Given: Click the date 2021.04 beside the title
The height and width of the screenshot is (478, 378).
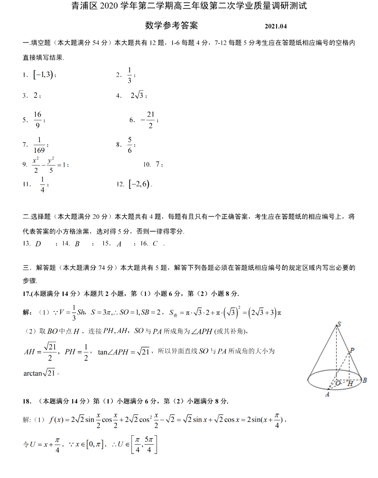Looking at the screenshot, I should coord(275,26).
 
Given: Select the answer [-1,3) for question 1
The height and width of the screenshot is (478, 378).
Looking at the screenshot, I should coord(43,75).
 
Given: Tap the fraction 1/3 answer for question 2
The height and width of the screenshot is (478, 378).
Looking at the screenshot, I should coord(129,75).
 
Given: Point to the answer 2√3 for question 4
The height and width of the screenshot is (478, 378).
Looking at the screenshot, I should coord(137,95).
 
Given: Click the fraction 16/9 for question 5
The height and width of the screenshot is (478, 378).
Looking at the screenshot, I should coord(37,120).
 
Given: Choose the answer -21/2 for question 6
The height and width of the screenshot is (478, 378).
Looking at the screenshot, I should coord(149,120).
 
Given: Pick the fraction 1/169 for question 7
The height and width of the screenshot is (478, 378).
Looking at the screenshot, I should coord(39,145).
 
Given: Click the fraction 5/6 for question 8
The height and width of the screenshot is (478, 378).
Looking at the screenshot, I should coord(130,145).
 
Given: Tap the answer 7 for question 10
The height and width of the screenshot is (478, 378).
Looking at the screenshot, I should coord(158,164).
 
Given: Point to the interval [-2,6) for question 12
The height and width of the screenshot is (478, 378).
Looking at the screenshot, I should coord(139,184).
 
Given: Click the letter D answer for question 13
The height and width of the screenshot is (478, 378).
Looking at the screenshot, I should coord(38,244).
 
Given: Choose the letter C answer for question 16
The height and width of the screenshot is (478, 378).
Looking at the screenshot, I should coord(155,244).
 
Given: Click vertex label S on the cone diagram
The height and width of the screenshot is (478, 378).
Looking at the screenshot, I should coord(339,324).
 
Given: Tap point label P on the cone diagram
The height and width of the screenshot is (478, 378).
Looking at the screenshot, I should coord(352,350).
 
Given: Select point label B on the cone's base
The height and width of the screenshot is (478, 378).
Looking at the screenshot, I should coord(365,380).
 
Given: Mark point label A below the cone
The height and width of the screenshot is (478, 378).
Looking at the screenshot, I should coord(327,395).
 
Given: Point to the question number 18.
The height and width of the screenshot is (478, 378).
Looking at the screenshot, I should coord(27,402).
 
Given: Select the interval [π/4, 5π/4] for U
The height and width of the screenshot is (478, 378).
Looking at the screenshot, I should coord(144,445).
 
